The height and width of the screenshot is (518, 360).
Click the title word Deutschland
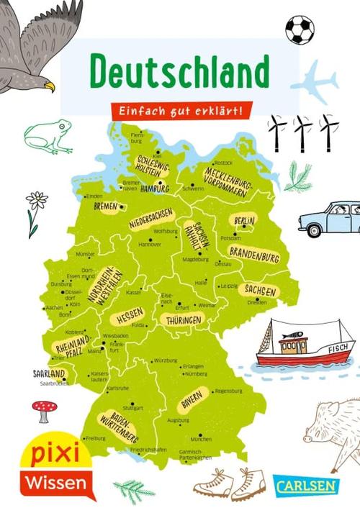pos(179,71)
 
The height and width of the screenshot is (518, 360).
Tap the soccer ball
pos(300,30)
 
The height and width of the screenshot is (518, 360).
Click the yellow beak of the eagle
pos(49,86)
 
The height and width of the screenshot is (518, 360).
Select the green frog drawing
pos(48,135)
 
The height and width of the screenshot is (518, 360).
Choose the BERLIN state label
pos(245,220)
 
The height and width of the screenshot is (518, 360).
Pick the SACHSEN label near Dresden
pos(260,290)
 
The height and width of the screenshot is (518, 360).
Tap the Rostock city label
pos(224,163)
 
